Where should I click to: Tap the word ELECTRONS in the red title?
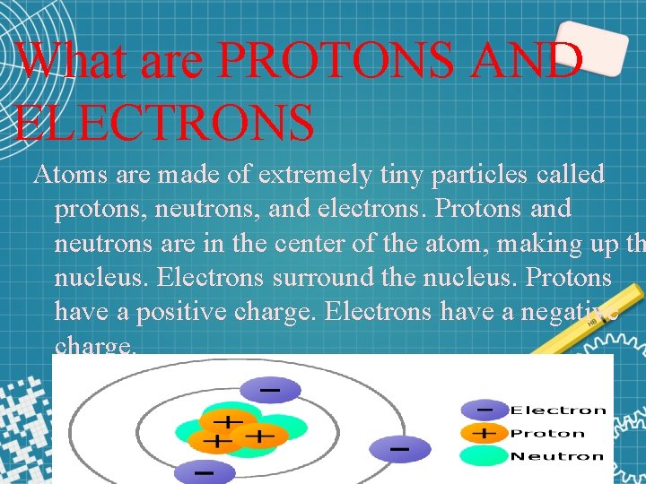pos(165,122)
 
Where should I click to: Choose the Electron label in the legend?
pos(558,411)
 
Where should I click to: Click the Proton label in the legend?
pos(547,433)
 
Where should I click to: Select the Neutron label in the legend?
pos(556,455)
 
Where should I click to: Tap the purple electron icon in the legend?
pos(484,411)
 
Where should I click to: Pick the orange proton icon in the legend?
pos(484,433)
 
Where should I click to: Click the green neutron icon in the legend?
pos(484,455)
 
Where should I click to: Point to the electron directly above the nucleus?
pos(268,390)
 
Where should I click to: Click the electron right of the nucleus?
pos(397,447)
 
